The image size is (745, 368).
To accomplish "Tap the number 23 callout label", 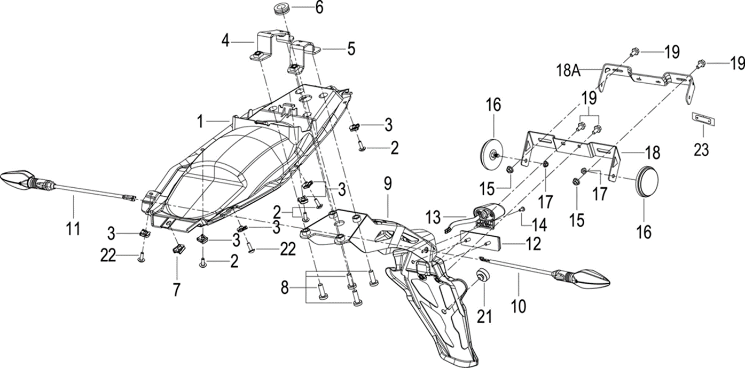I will point(701,150).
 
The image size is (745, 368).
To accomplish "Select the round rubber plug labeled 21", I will point(483,276).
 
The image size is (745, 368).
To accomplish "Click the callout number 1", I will point(200,122).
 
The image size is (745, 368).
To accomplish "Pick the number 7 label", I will point(176,289).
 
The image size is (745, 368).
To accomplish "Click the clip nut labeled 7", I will point(178,248).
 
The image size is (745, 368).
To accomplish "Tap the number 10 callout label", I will point(518,306).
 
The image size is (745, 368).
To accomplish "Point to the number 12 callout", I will point(533,244).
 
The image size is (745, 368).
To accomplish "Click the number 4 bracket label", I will point(226,40).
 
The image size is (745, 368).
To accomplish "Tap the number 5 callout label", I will point(350,49).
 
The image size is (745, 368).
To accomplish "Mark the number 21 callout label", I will point(484,316).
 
